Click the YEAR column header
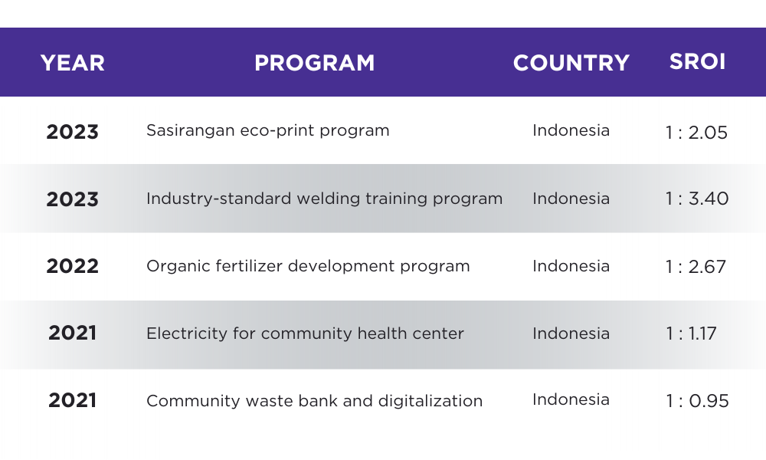point(72,63)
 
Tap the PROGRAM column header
point(315,63)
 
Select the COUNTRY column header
point(571,63)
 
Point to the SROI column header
point(697,61)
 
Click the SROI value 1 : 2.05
point(696,133)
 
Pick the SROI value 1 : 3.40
point(697,199)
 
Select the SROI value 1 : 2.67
point(696,267)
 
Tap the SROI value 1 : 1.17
point(691,333)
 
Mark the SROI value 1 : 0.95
point(697,401)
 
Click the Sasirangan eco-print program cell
point(267,130)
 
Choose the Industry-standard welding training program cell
point(324,199)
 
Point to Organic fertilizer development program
point(308,267)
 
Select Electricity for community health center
point(305,333)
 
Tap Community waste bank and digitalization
point(314,401)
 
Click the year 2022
point(72,267)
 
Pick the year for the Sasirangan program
point(72,132)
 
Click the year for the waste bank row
point(72,400)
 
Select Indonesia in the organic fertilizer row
point(571,266)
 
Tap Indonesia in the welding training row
point(571,199)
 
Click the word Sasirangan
point(191,130)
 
